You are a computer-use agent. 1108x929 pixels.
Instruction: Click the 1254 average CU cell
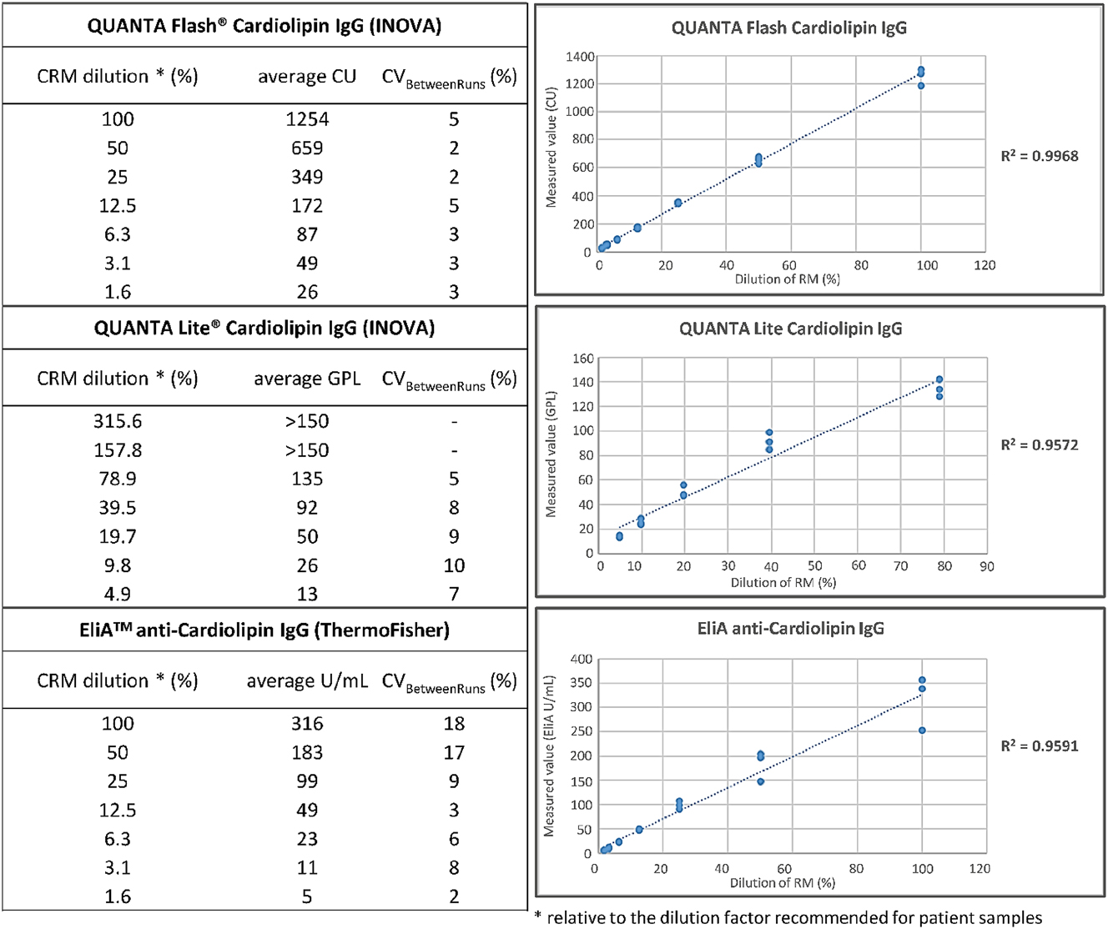pyautogui.click(x=307, y=119)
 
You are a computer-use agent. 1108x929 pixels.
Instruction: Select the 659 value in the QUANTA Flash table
pyautogui.click(x=307, y=148)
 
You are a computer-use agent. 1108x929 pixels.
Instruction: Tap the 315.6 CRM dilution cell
pyautogui.click(x=117, y=421)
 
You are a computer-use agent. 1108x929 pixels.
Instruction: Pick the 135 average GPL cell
pyautogui.click(x=307, y=479)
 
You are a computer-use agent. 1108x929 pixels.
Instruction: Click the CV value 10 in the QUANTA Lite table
pyautogui.click(x=454, y=565)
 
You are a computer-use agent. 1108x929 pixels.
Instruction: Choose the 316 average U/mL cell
pyautogui.click(x=307, y=724)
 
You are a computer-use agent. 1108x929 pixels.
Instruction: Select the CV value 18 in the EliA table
pyautogui.click(x=454, y=724)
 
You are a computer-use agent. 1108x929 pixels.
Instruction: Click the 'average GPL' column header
pyautogui.click(x=307, y=379)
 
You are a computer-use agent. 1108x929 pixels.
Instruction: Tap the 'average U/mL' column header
pyautogui.click(x=307, y=681)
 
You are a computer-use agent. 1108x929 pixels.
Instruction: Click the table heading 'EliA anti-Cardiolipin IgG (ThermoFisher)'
pyautogui.click(x=264, y=630)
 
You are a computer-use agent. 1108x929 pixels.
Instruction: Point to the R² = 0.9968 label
pyautogui.click(x=1040, y=156)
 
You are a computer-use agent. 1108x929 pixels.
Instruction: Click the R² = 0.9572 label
pyautogui.click(x=1040, y=445)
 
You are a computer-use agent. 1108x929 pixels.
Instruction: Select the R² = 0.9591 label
pyautogui.click(x=1040, y=746)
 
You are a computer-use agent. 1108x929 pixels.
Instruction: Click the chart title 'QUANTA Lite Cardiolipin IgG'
pyautogui.click(x=790, y=329)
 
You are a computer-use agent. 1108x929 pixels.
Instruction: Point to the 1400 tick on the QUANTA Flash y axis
pyautogui.click(x=580, y=57)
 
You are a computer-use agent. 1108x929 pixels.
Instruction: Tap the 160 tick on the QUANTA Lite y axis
pyautogui.click(x=583, y=359)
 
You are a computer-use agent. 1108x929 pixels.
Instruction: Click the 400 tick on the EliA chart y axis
pyautogui.click(x=581, y=659)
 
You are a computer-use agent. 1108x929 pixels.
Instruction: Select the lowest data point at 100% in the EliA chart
pyautogui.click(x=922, y=731)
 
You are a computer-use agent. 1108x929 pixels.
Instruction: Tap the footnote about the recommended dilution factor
pyautogui.click(x=788, y=918)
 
